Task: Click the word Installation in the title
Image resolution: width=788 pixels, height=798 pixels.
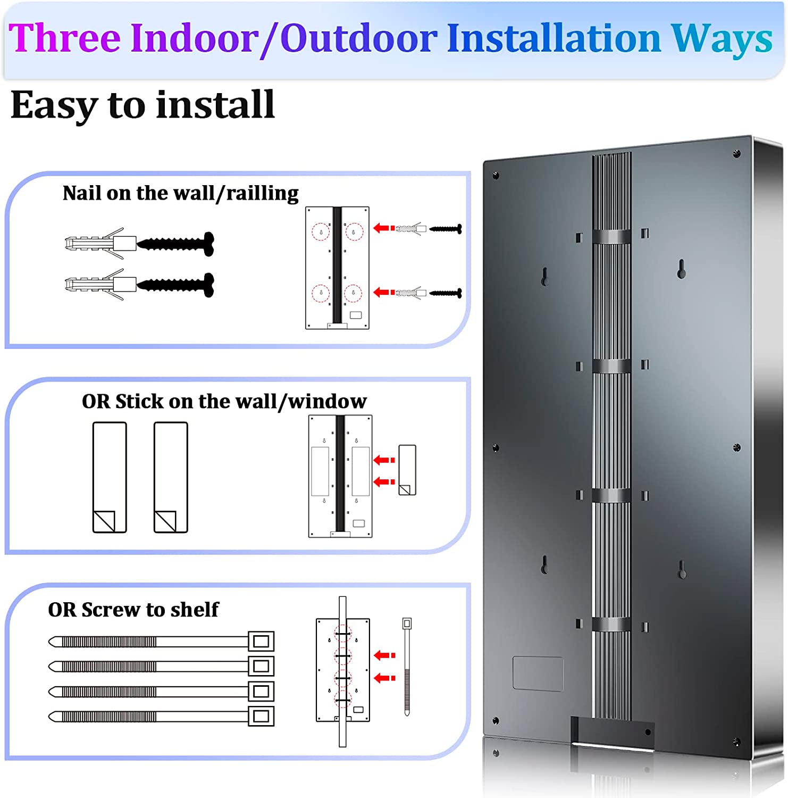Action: [x=554, y=38]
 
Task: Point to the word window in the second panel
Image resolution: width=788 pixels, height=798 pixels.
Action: [x=328, y=401]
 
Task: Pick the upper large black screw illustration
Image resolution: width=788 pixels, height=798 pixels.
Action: [x=175, y=244]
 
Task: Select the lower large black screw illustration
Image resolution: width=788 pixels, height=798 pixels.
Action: [x=175, y=285]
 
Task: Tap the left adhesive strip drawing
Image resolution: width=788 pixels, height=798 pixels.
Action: [x=110, y=477]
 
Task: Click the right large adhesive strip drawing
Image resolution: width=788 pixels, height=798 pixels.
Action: [x=171, y=477]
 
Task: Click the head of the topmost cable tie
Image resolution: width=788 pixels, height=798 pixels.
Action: [x=261, y=641]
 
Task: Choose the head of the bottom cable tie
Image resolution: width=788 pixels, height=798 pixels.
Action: [x=261, y=717]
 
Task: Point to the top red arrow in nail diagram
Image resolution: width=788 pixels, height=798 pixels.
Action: [x=384, y=228]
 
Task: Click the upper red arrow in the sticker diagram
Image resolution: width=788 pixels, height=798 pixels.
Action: [x=384, y=460]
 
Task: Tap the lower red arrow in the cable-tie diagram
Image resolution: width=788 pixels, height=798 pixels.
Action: [x=385, y=678]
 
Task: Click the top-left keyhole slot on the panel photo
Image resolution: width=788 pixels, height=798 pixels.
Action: [x=544, y=276]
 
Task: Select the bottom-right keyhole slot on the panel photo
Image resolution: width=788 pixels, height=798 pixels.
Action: [x=682, y=570]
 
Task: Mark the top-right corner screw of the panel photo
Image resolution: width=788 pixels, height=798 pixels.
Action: [x=737, y=154]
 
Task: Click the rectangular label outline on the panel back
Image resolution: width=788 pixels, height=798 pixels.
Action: [x=538, y=674]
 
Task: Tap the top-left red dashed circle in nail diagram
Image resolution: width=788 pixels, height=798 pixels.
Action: [x=320, y=231]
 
